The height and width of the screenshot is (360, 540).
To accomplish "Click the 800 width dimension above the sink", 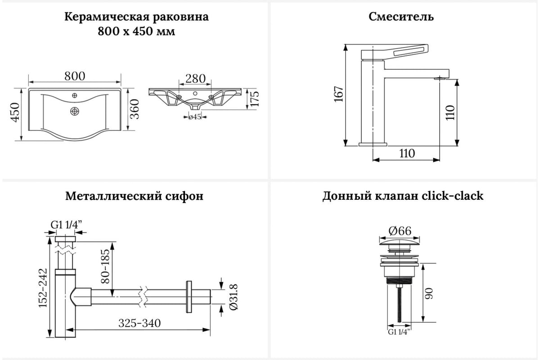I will tap(75, 76).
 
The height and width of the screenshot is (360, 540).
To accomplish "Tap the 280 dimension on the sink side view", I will tap(195, 78).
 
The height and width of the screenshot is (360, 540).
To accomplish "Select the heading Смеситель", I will tap(401, 17).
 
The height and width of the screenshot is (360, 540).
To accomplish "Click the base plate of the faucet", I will tap(373, 144).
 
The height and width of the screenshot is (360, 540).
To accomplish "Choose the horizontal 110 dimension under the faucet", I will tap(406, 153).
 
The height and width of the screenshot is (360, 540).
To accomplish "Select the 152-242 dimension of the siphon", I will tap(42, 288).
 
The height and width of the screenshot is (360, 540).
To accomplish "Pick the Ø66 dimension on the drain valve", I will tap(400, 231).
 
